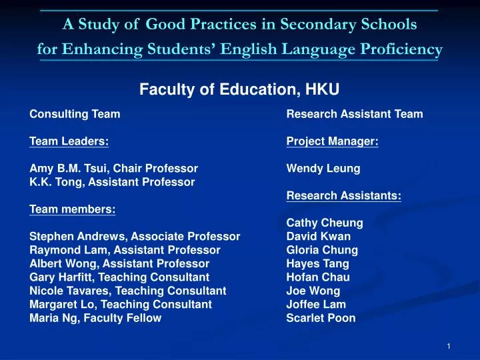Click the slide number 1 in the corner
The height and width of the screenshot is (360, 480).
449,345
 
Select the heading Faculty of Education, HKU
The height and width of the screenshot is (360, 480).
239,89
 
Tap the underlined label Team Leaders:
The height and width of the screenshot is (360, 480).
69,141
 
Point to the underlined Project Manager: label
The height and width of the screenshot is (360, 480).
332,141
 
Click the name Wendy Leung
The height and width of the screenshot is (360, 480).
323,169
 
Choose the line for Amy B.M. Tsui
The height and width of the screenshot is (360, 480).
113,169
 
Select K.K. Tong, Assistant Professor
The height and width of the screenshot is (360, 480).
112,181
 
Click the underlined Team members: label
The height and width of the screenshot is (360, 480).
72,209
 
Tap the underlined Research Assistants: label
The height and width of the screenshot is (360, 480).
343,196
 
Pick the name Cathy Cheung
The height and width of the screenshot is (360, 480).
324,223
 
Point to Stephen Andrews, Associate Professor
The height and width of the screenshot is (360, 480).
135,237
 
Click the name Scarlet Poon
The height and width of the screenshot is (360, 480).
321,318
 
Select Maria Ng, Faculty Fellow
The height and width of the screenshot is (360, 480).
95,318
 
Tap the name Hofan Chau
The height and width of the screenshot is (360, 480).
317,277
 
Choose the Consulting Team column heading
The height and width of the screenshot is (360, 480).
75,114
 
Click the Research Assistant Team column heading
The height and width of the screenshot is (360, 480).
354,114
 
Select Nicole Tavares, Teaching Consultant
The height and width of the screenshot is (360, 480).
127,291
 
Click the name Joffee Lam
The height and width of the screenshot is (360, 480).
315,305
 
